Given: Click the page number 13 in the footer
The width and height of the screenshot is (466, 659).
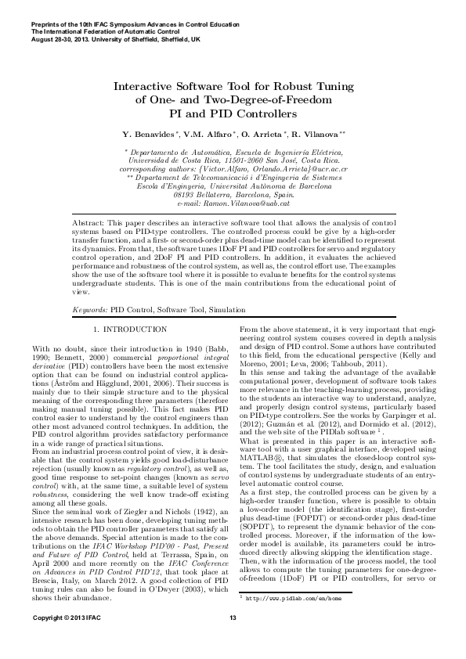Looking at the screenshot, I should click(233, 641).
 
